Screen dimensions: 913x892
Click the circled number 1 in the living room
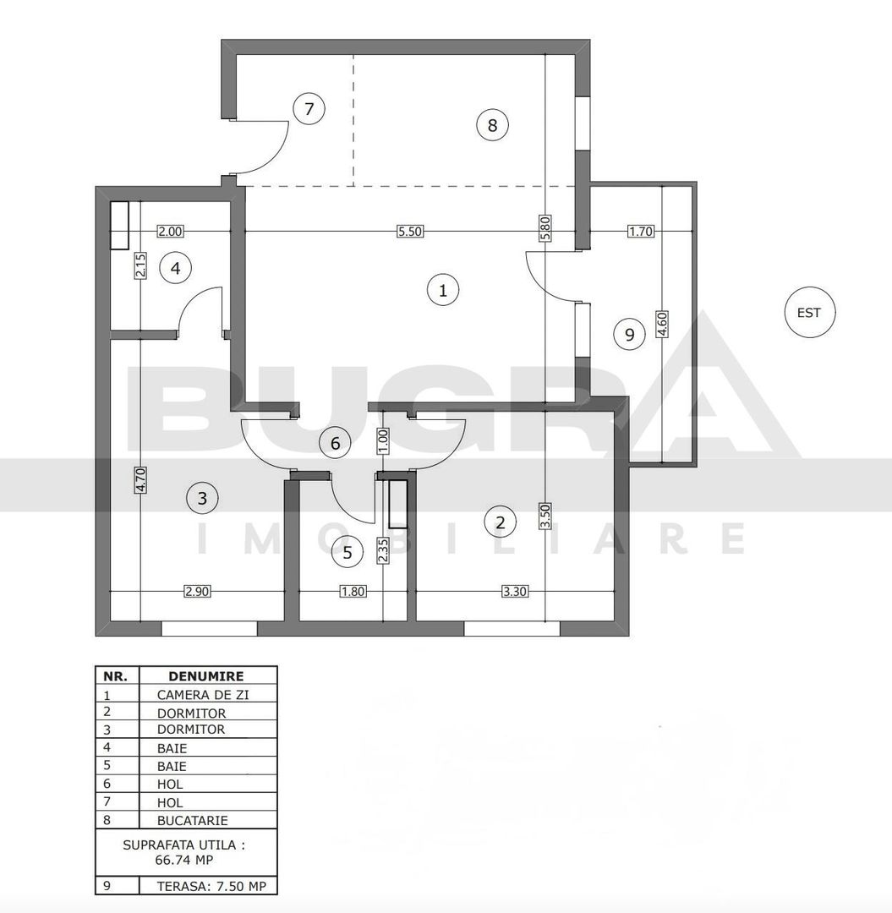[442, 290]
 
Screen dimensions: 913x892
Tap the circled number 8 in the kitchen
[492, 126]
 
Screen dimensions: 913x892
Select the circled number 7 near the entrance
[309, 109]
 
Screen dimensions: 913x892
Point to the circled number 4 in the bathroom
[175, 269]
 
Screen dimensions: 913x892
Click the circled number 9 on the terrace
[629, 334]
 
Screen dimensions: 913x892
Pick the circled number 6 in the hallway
[335, 442]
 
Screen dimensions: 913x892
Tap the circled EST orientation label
[808, 312]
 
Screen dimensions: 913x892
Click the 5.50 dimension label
[409, 232]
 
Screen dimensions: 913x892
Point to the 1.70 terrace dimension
[640, 232]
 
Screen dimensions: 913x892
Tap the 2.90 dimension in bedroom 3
[197, 592]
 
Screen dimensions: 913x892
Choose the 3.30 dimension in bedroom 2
[515, 592]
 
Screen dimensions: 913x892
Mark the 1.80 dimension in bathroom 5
[353, 592]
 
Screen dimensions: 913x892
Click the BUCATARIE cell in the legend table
[192, 820]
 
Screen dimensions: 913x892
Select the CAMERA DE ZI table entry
[203, 695]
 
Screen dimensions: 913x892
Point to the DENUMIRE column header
[206, 676]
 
